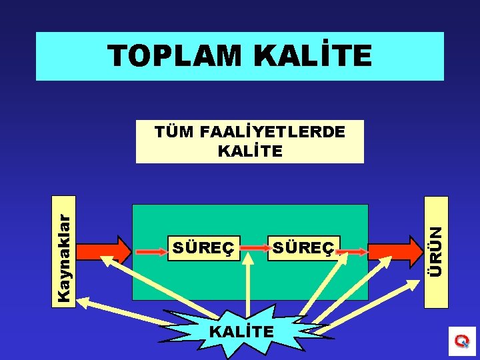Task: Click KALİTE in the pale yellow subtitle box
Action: point(250,151)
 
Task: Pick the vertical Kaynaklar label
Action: point(64,250)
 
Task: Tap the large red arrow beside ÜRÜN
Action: point(393,251)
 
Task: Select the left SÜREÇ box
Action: point(203,249)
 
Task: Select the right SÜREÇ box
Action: point(303,249)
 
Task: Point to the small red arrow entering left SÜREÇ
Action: point(151,251)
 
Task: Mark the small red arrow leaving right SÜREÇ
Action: point(353,251)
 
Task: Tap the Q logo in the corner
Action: point(461,341)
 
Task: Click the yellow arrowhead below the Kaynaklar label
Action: point(85,302)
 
